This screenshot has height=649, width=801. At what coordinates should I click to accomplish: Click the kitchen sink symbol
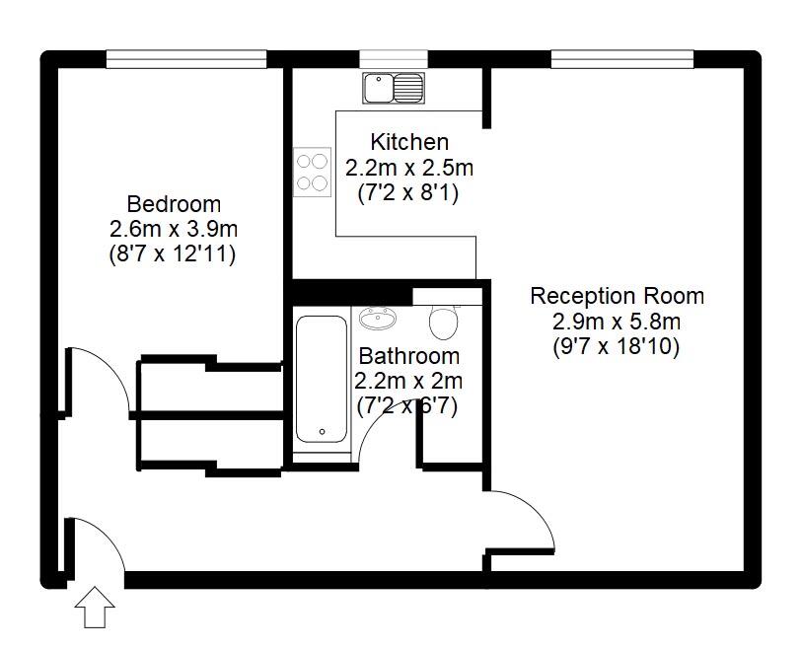pyautogui.click(x=393, y=88)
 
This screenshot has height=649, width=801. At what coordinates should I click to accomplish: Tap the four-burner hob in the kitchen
pyautogui.click(x=312, y=171)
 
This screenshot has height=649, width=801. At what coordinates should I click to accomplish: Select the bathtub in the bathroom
pyautogui.click(x=322, y=379)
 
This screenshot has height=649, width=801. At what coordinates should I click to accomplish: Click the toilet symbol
pyautogui.click(x=445, y=320)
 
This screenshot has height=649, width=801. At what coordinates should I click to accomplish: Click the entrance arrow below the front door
pyautogui.click(x=96, y=607)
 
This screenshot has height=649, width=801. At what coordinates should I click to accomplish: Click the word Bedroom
pyautogui.click(x=174, y=205)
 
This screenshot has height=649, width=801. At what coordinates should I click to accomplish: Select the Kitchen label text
pyautogui.click(x=408, y=143)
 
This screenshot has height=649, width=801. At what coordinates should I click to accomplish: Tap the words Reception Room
pyautogui.click(x=617, y=296)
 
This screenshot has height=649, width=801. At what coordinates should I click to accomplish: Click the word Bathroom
pyautogui.click(x=408, y=356)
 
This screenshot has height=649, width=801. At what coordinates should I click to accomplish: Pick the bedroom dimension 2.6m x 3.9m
pyautogui.click(x=174, y=229)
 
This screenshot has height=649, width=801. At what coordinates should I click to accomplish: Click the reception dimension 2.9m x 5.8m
pyautogui.click(x=617, y=322)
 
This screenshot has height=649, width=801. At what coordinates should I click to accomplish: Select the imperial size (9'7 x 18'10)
pyautogui.click(x=617, y=346)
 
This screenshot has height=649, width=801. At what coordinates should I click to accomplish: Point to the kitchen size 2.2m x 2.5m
pyautogui.click(x=408, y=168)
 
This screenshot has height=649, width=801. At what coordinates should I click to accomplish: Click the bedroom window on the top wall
pyautogui.click(x=186, y=59)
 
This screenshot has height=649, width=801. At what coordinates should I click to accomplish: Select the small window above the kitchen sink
pyautogui.click(x=393, y=59)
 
